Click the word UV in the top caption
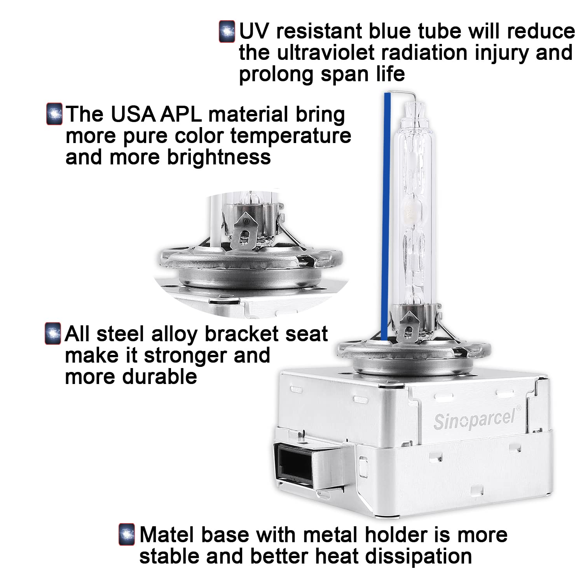(x=254, y=31)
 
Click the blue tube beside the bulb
(x=386, y=216)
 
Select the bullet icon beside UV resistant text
(x=227, y=31)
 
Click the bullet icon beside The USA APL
(x=54, y=113)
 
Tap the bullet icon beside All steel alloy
(x=53, y=333)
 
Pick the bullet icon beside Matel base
(x=127, y=534)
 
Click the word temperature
(x=291, y=136)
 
